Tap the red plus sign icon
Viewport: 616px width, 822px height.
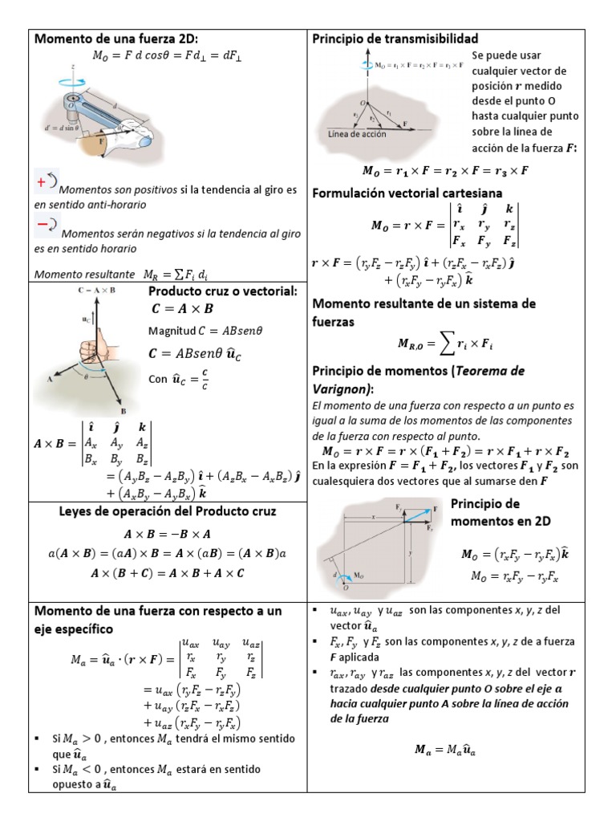coord(41,182)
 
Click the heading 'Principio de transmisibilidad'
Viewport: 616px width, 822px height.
coord(395,39)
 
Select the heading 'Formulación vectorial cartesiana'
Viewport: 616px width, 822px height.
coord(407,193)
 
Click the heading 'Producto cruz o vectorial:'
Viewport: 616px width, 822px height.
coord(223,291)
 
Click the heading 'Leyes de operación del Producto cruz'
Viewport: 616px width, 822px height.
coord(168,511)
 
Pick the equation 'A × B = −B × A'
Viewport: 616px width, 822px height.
coord(168,534)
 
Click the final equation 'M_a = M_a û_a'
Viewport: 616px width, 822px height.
coord(447,750)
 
